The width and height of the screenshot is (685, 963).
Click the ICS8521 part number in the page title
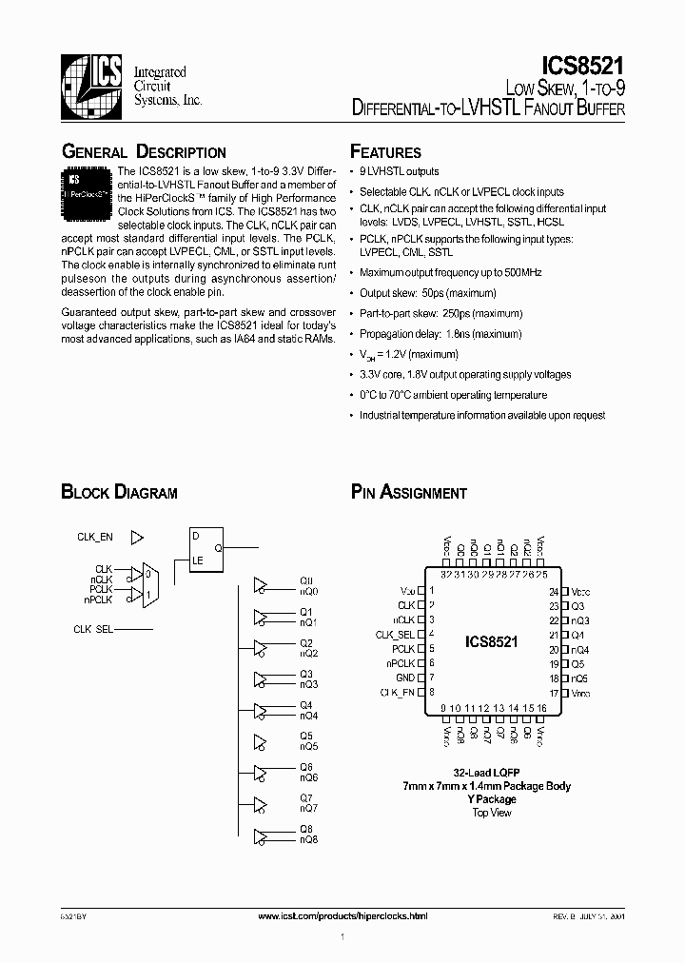coord(582,66)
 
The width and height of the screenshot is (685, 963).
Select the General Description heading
coord(144,152)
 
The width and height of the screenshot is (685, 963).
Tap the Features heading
coord(385,152)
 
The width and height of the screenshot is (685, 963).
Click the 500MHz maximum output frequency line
coord(450,272)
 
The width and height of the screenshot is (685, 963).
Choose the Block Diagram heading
coord(119,493)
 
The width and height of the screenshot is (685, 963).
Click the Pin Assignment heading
coord(409,493)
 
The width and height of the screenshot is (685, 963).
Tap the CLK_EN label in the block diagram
coord(95,538)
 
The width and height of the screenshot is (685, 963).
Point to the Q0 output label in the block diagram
coord(306,580)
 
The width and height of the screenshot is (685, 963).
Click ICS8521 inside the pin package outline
coord(491,642)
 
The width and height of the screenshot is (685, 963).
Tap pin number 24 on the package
coord(553,591)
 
